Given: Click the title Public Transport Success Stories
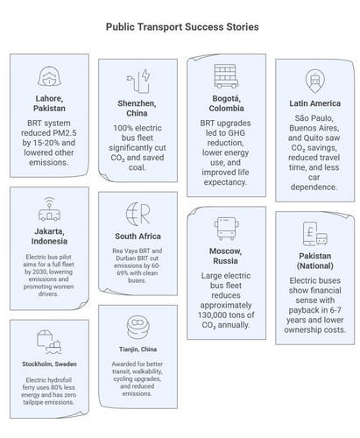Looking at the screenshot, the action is click(182, 27).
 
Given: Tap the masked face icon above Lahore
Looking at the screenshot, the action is click(49, 76).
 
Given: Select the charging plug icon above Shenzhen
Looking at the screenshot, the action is click(138, 81).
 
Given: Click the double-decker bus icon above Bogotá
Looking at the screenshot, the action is click(226, 76).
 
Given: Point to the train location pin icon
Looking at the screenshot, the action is click(314, 81).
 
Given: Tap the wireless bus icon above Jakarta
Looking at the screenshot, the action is click(49, 209).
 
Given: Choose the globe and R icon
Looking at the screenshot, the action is click(138, 214).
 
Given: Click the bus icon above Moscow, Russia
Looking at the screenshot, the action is click(226, 229).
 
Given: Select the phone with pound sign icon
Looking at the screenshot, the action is click(314, 234).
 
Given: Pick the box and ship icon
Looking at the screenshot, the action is click(49, 342).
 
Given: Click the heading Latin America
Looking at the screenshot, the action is click(314, 103).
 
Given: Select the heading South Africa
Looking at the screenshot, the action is click(138, 237).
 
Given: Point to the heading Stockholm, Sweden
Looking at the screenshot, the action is click(49, 364).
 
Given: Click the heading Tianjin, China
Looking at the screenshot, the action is click(138, 350).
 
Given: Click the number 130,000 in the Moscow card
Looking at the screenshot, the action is click(216, 315).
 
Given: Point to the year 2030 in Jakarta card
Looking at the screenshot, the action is click(39, 272).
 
